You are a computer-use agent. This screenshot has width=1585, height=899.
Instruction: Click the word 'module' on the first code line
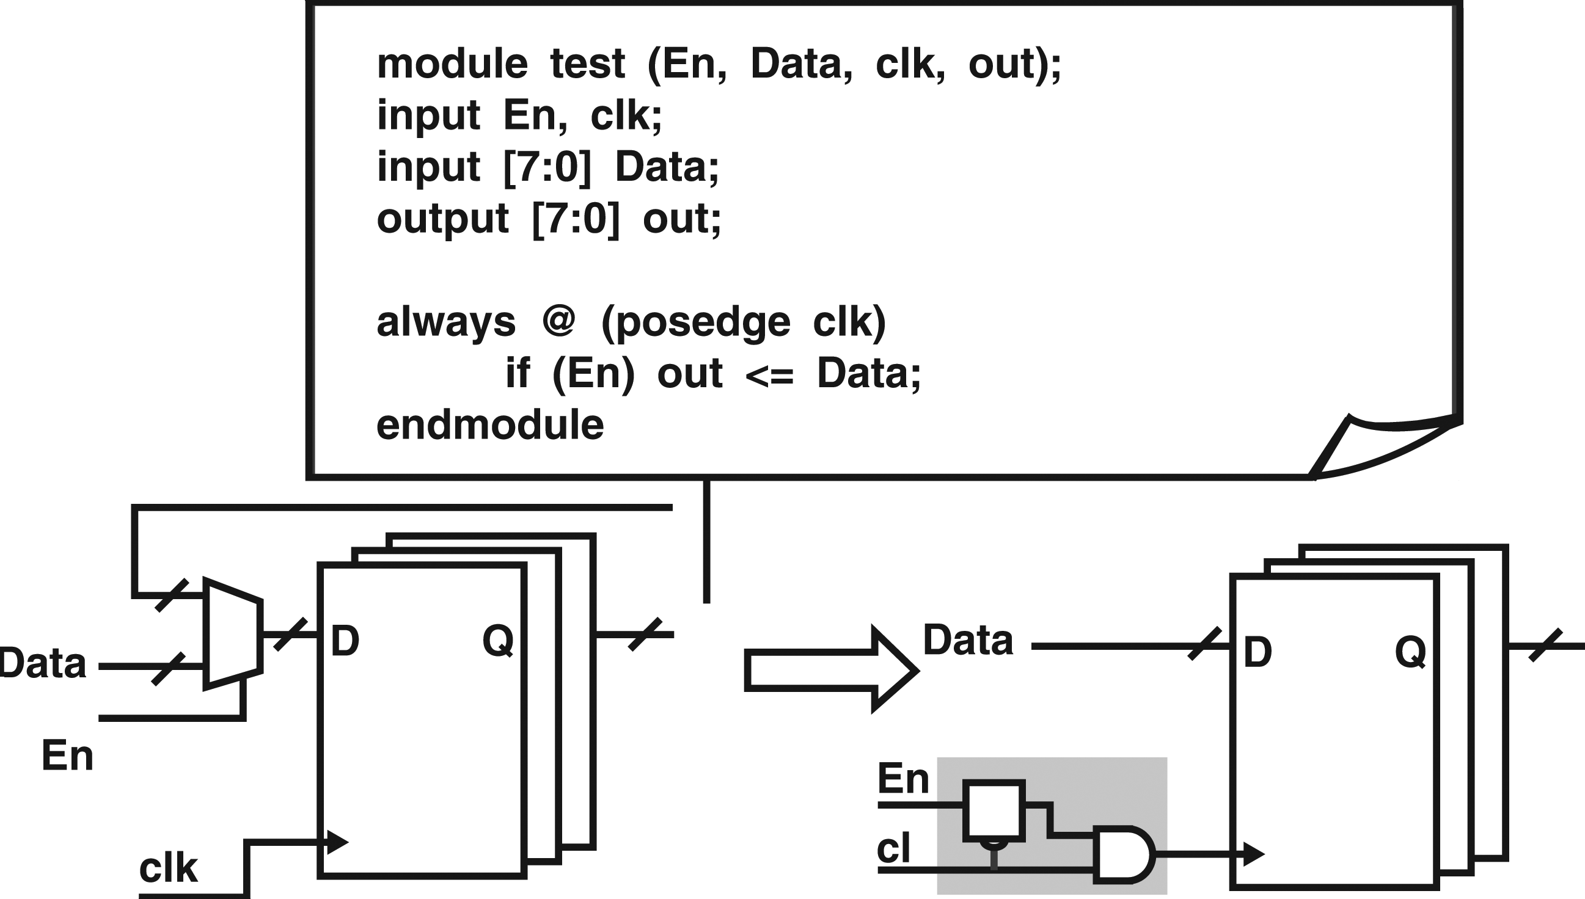click(452, 64)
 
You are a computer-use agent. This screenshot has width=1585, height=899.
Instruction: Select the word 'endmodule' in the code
click(490, 425)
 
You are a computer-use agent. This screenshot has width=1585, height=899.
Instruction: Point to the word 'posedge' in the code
click(703, 324)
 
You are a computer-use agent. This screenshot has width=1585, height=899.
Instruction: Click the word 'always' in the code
click(446, 323)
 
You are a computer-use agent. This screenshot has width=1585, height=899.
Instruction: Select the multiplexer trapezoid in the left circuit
click(233, 633)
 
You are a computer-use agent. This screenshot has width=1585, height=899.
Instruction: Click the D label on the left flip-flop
click(345, 641)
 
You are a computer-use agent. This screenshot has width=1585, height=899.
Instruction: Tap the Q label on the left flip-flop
click(498, 641)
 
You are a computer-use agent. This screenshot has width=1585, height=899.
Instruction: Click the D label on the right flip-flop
click(1257, 652)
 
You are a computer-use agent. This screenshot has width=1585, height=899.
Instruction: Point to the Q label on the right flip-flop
click(1411, 652)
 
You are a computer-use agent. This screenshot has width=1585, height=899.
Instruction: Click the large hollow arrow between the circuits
click(832, 669)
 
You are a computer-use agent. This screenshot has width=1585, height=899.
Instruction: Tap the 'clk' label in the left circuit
click(168, 868)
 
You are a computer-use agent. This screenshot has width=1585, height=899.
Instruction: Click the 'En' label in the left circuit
click(67, 755)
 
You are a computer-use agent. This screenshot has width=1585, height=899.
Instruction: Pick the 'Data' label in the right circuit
click(968, 639)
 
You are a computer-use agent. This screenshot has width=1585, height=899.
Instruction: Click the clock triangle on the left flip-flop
click(337, 842)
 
